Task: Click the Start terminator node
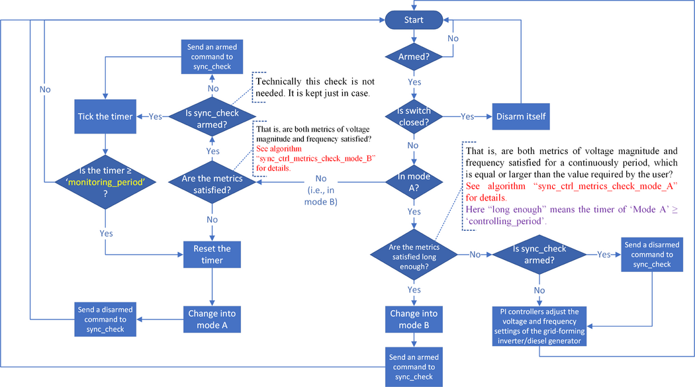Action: tap(414, 19)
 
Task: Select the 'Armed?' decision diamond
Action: tap(414, 57)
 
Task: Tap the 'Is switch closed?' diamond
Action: tap(414, 116)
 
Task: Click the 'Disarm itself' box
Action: tap(521, 116)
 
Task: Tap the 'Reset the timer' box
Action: tap(211, 253)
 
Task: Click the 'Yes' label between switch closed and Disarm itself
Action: tap(467, 116)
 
